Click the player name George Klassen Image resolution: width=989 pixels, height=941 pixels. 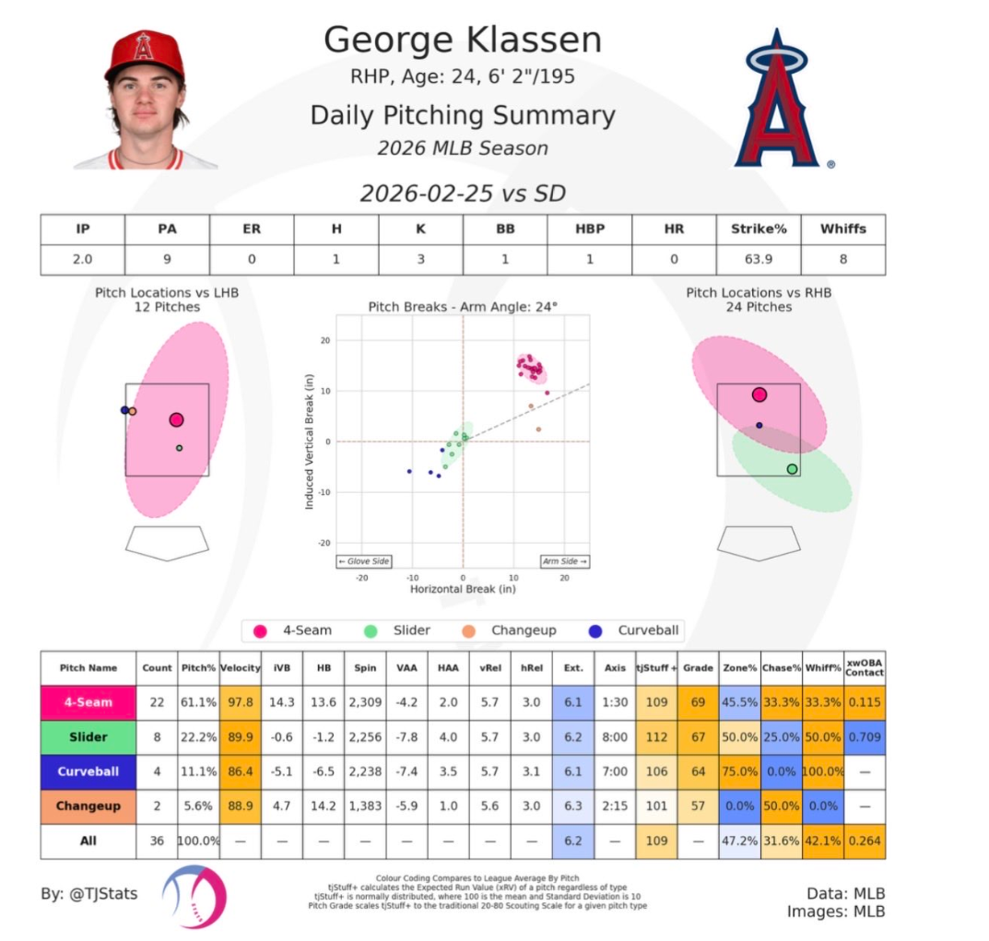pyautogui.click(x=462, y=41)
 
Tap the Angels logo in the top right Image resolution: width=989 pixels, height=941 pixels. pyautogui.click(x=780, y=100)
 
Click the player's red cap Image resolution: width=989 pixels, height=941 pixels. pyautogui.click(x=144, y=56)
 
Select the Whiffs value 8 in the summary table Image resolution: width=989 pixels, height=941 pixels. pyautogui.click(x=842, y=259)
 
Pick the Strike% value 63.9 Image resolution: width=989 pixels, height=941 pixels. pyautogui.click(x=758, y=259)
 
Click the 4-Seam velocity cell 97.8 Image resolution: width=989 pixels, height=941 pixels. pyautogui.click(x=241, y=702)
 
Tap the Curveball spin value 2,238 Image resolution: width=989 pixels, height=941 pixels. pyautogui.click(x=366, y=771)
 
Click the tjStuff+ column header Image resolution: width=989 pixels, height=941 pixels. pyautogui.click(x=657, y=667)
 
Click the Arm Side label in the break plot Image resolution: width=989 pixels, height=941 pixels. pyautogui.click(x=564, y=561)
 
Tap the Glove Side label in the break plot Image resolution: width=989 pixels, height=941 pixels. pyautogui.click(x=364, y=561)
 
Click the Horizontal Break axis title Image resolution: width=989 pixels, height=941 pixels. pyautogui.click(x=463, y=589)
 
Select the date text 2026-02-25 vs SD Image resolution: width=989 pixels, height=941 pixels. pyautogui.click(x=462, y=194)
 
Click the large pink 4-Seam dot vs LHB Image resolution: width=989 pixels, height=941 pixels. pyautogui.click(x=177, y=419)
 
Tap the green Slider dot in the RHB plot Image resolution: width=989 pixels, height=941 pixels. pyautogui.click(x=792, y=469)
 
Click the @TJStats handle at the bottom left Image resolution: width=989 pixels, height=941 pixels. pyautogui.click(x=89, y=893)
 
